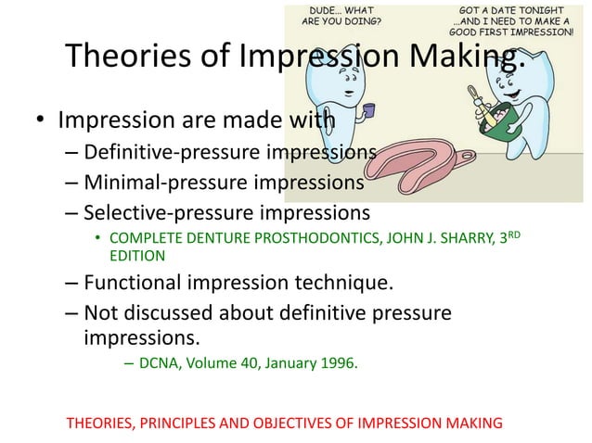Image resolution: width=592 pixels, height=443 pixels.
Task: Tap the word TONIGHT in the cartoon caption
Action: [547, 8]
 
